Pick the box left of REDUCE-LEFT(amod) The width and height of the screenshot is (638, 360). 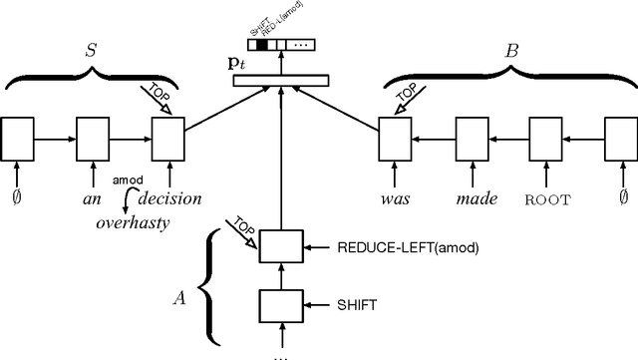tap(279, 245)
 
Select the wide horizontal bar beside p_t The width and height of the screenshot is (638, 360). tap(280, 78)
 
